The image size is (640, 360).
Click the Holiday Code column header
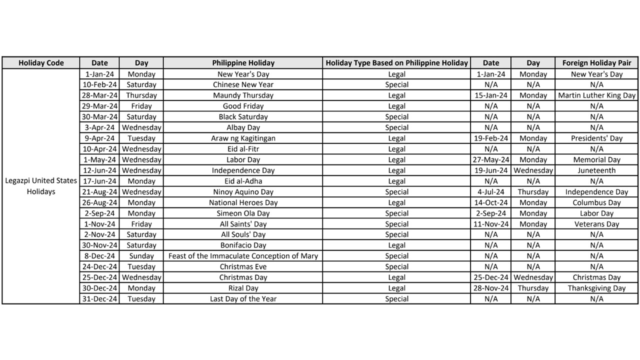tap(41, 63)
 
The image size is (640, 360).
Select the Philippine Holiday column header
tap(243, 63)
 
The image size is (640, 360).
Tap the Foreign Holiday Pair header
tap(596, 63)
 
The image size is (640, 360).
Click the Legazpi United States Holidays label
tap(41, 186)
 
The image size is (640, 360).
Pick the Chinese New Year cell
tap(243, 84)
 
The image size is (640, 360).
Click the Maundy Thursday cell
tap(243, 95)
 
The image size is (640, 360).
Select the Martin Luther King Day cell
tap(596, 95)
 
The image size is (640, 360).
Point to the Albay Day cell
tap(243, 127)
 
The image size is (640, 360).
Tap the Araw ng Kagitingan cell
tap(243, 138)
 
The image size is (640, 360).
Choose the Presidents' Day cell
tap(596, 138)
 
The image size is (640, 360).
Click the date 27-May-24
tap(491, 160)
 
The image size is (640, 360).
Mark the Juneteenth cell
tap(596, 170)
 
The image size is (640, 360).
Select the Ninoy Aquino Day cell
tap(243, 192)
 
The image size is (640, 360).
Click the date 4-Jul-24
tap(491, 192)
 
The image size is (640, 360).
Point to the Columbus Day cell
tap(596, 203)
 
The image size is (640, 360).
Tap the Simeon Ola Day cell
tap(243, 213)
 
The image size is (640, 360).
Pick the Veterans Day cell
tap(596, 224)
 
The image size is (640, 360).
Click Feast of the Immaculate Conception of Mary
tap(243, 256)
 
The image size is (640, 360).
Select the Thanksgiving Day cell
tap(596, 288)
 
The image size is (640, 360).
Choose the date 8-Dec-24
tap(99, 256)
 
